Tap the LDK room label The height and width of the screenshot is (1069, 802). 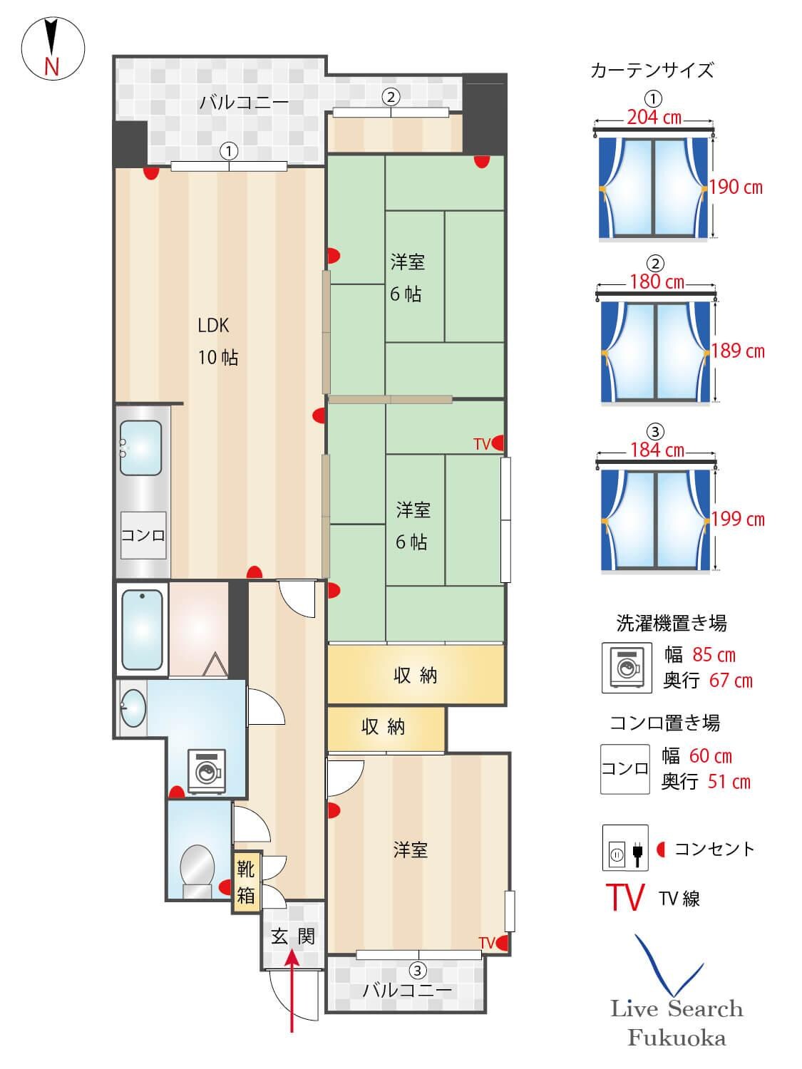[214, 326]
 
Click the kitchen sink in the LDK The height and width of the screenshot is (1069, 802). [140, 448]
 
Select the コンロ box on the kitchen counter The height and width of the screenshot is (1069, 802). [143, 535]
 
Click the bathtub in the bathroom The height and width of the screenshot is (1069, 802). [143, 629]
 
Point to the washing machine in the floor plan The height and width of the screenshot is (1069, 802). [207, 770]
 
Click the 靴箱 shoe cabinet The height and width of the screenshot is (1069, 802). [246, 882]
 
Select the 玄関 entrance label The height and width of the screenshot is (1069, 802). [292, 936]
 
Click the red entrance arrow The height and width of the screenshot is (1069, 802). [292, 991]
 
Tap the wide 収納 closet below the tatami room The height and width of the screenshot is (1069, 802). [416, 675]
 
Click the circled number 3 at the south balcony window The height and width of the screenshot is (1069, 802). [418, 970]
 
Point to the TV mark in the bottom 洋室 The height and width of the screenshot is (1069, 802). [487, 943]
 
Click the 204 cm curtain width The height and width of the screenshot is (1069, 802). [654, 118]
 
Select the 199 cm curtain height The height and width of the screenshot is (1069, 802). [738, 519]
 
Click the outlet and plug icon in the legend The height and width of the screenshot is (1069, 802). [625, 848]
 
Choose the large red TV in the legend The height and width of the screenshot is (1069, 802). [625, 897]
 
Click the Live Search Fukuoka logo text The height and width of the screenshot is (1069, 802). [677, 1023]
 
